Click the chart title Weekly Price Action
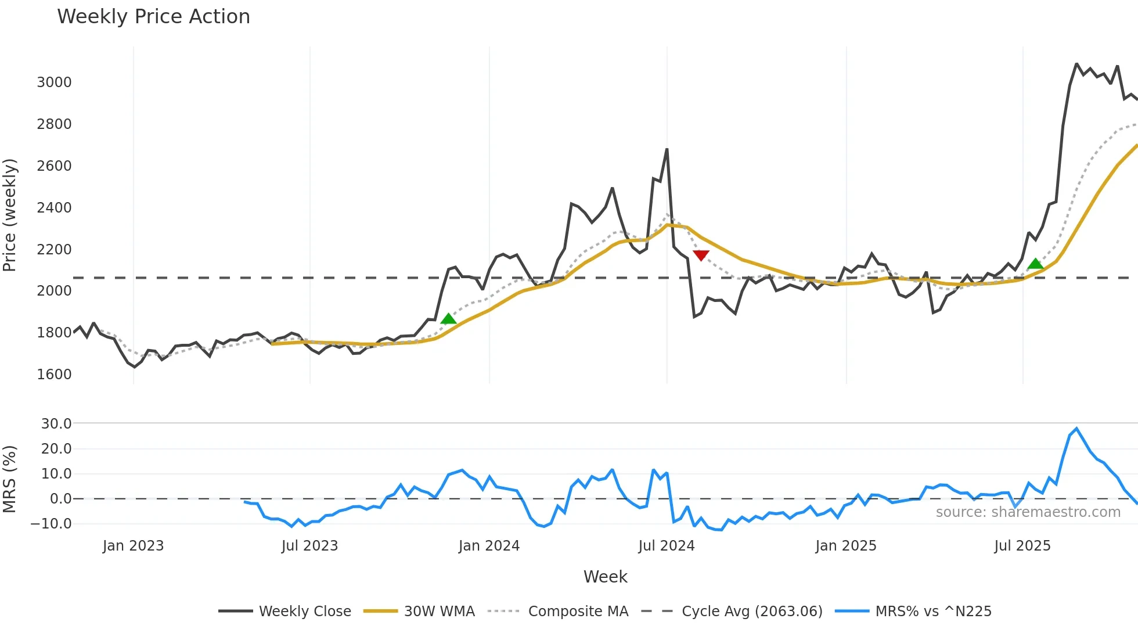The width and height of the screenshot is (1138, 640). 153,17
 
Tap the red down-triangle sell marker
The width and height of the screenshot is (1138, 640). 701,255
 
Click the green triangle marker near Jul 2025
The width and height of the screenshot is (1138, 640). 1035,264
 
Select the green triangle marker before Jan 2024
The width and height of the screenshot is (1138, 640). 448,318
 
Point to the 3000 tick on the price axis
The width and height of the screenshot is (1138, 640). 54,82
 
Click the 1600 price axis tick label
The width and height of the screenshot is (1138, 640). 54,375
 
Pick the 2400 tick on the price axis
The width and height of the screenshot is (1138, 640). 54,208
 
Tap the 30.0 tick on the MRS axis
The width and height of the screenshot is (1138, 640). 56,424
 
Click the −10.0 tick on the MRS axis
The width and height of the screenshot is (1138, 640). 51,524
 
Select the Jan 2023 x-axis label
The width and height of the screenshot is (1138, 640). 133,546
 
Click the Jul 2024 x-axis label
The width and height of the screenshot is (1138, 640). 666,546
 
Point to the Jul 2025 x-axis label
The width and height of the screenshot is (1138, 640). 1022,546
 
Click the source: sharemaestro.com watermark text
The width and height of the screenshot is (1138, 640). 1028,512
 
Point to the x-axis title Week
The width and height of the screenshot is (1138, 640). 605,577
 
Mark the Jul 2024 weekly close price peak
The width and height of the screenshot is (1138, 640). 667,149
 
